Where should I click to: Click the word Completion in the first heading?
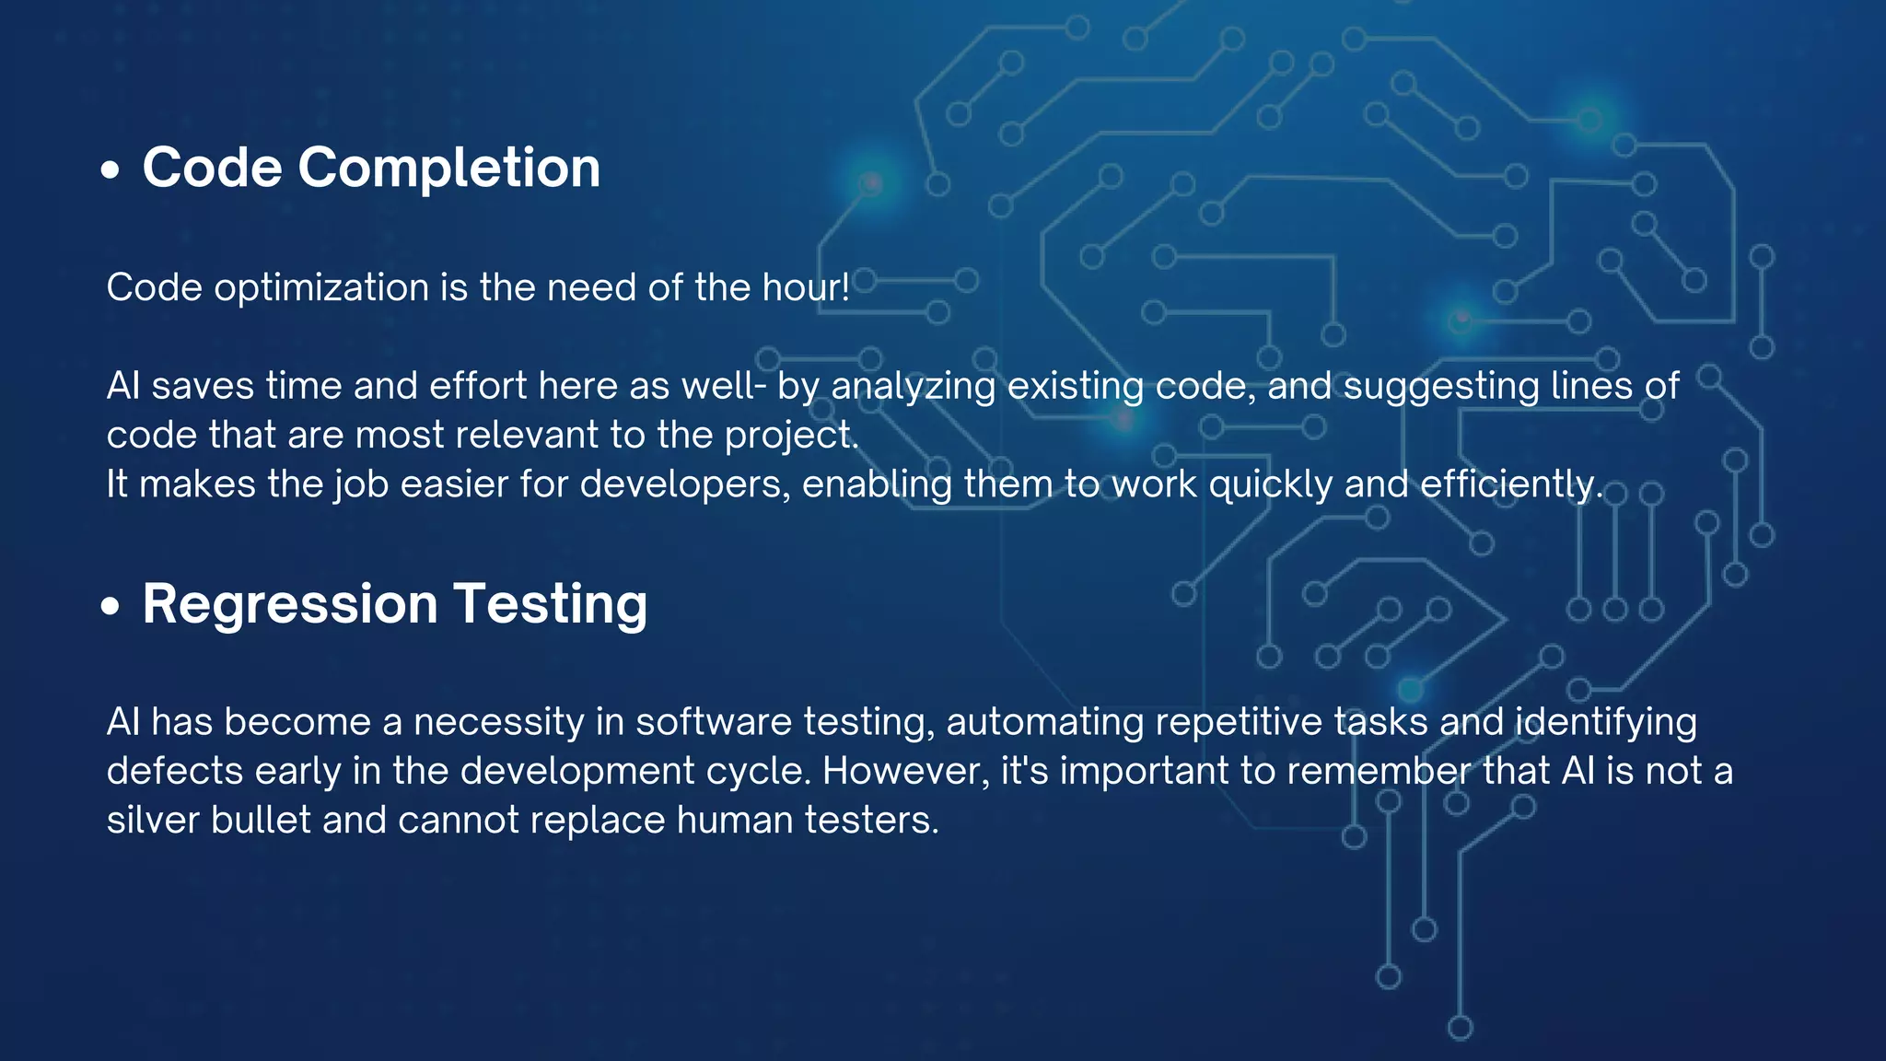tap(448, 169)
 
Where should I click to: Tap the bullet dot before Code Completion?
tap(111, 170)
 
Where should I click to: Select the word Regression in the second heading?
tap(290, 605)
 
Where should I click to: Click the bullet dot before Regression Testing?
tap(111, 606)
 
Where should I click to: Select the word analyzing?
tap(913, 387)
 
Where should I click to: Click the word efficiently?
tap(1510, 484)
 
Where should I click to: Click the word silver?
tap(152, 820)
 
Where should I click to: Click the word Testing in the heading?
tap(550, 605)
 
